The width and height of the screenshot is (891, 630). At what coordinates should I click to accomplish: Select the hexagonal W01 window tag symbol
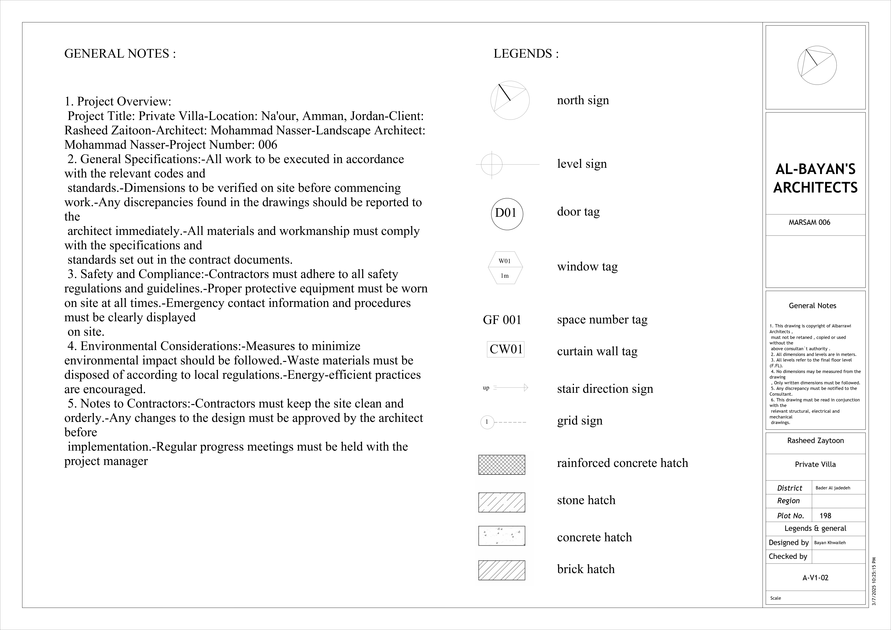[505, 268]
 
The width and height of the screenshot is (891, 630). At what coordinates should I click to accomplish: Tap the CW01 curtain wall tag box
[506, 349]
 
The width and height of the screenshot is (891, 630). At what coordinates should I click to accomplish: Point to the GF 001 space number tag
[502, 320]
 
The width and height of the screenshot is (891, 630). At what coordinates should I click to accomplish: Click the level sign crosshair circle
[492, 165]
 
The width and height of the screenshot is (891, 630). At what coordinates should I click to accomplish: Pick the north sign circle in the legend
[510, 100]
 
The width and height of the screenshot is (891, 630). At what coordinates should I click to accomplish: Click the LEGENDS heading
[526, 54]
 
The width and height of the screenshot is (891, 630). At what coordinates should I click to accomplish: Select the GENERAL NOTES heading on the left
[120, 54]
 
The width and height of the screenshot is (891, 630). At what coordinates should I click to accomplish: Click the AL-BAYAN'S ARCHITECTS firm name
[815, 179]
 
